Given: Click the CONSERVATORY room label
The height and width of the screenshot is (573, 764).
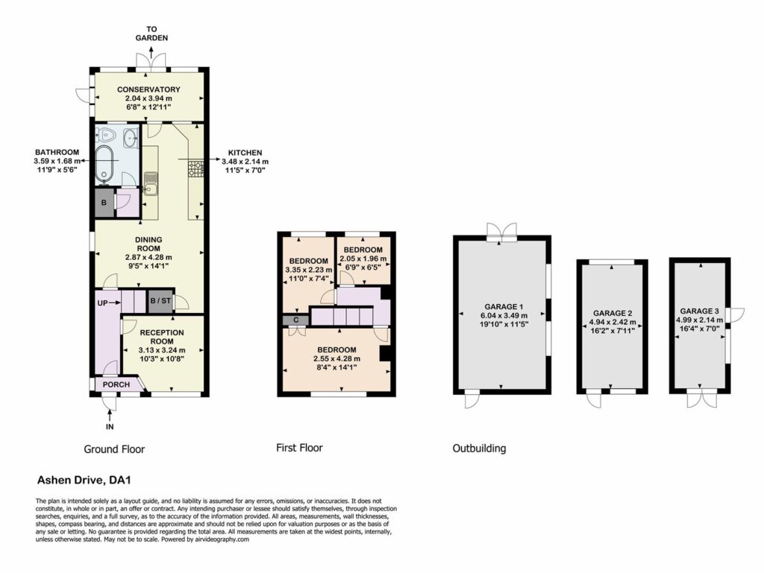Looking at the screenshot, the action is (x=148, y=89).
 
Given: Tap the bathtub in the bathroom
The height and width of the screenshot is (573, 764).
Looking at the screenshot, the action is (x=104, y=165).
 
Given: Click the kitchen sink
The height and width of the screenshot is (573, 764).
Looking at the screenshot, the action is (x=150, y=183).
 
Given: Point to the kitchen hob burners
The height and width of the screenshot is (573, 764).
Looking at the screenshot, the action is (x=196, y=168).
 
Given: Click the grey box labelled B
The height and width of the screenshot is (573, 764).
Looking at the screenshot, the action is (x=104, y=203).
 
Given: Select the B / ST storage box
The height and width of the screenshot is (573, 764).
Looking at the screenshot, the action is (x=160, y=301).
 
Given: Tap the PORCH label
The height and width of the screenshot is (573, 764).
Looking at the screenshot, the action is (x=116, y=384).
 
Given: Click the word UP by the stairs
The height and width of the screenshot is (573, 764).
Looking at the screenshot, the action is (x=103, y=303).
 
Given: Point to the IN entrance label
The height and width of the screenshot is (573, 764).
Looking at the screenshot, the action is (x=110, y=427).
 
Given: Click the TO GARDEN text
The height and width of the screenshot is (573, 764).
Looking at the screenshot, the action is (x=151, y=34).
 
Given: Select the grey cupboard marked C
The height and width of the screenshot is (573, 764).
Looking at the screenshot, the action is (x=295, y=320).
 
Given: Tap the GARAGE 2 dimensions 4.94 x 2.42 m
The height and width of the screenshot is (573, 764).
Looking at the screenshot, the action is (x=613, y=322).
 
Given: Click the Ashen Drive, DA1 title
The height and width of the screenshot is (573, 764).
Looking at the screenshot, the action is (x=84, y=481).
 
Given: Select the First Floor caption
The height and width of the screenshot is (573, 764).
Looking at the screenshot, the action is (x=299, y=448).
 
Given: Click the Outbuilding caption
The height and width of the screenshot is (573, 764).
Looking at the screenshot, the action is (x=479, y=449).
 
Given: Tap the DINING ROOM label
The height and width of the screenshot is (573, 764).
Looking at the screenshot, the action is (x=148, y=244).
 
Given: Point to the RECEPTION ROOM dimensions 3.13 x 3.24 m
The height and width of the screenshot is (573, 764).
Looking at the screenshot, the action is (x=162, y=350).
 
